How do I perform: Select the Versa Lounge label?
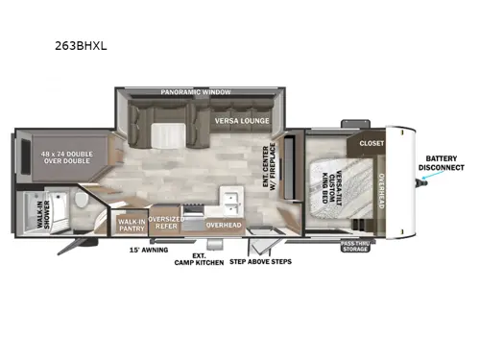241,123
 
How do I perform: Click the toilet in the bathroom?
83,204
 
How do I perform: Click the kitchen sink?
230,200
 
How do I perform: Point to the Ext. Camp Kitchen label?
199,259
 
